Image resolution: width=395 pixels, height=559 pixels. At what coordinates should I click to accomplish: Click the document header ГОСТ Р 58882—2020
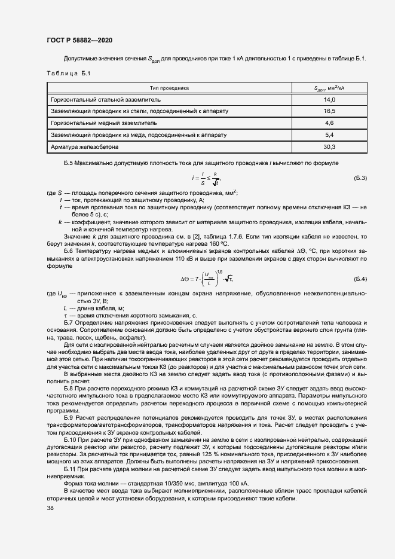point(79,40)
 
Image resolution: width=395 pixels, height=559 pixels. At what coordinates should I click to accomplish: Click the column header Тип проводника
point(169,88)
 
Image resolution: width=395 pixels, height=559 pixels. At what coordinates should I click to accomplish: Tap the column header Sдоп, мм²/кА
point(329,88)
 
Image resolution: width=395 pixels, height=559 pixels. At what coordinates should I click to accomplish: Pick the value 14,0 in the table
point(329,99)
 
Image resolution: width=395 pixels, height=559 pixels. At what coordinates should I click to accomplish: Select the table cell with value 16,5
point(329,111)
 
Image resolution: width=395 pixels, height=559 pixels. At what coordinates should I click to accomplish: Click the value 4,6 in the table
point(329,123)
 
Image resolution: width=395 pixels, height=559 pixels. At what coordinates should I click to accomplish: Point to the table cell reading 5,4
point(329,135)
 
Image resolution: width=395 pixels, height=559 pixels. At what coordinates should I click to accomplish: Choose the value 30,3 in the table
point(329,146)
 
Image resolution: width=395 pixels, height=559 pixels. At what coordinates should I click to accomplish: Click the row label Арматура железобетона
point(85,146)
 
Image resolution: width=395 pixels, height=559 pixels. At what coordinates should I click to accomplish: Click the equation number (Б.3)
point(360,178)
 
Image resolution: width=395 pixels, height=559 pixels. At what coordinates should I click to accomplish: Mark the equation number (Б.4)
point(360,279)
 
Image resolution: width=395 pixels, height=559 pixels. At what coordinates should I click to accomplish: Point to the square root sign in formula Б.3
point(215,182)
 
